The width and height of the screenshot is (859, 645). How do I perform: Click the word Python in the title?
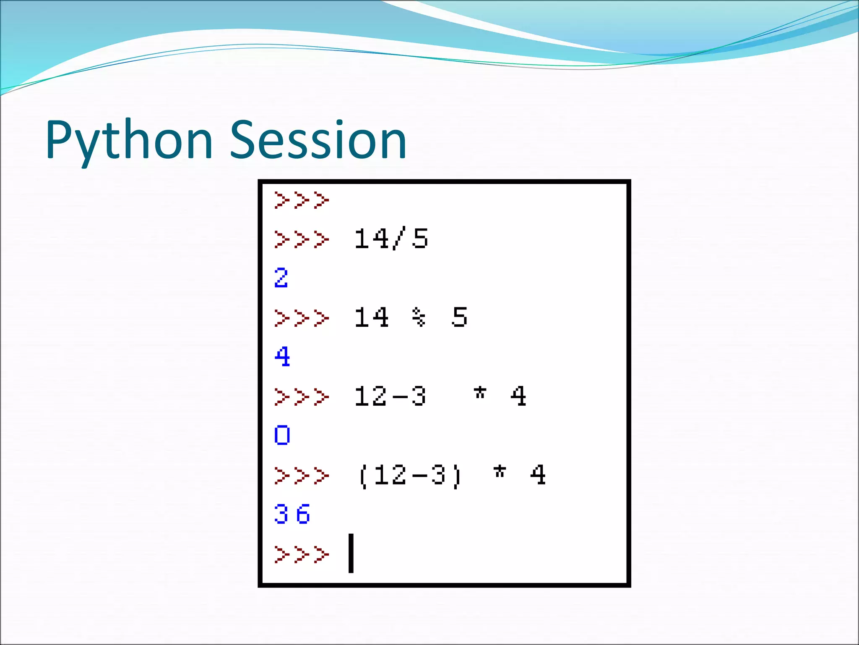click(x=129, y=141)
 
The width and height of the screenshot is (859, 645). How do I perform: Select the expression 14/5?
click(x=391, y=239)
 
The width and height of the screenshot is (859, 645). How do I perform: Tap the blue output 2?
click(x=281, y=278)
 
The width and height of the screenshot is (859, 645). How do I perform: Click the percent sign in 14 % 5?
click(x=419, y=317)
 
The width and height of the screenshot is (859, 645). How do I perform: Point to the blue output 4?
click(x=282, y=357)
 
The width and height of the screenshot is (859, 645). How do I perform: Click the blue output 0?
click(x=282, y=435)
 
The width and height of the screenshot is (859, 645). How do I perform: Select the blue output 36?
click(x=292, y=514)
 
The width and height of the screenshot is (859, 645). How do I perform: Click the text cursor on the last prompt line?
click(x=351, y=553)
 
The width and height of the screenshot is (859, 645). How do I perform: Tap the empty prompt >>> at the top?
click(x=301, y=200)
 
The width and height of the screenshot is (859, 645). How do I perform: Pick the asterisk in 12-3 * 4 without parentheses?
click(x=480, y=393)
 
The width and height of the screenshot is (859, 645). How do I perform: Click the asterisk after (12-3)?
click(x=500, y=472)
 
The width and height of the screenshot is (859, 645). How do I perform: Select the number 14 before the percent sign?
click(x=372, y=317)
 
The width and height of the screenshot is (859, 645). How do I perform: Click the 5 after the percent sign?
click(x=459, y=317)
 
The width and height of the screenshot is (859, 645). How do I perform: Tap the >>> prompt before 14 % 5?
click(x=301, y=318)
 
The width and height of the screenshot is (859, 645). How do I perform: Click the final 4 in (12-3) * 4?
click(x=538, y=475)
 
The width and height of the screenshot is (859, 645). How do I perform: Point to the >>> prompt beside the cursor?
click(x=301, y=554)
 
